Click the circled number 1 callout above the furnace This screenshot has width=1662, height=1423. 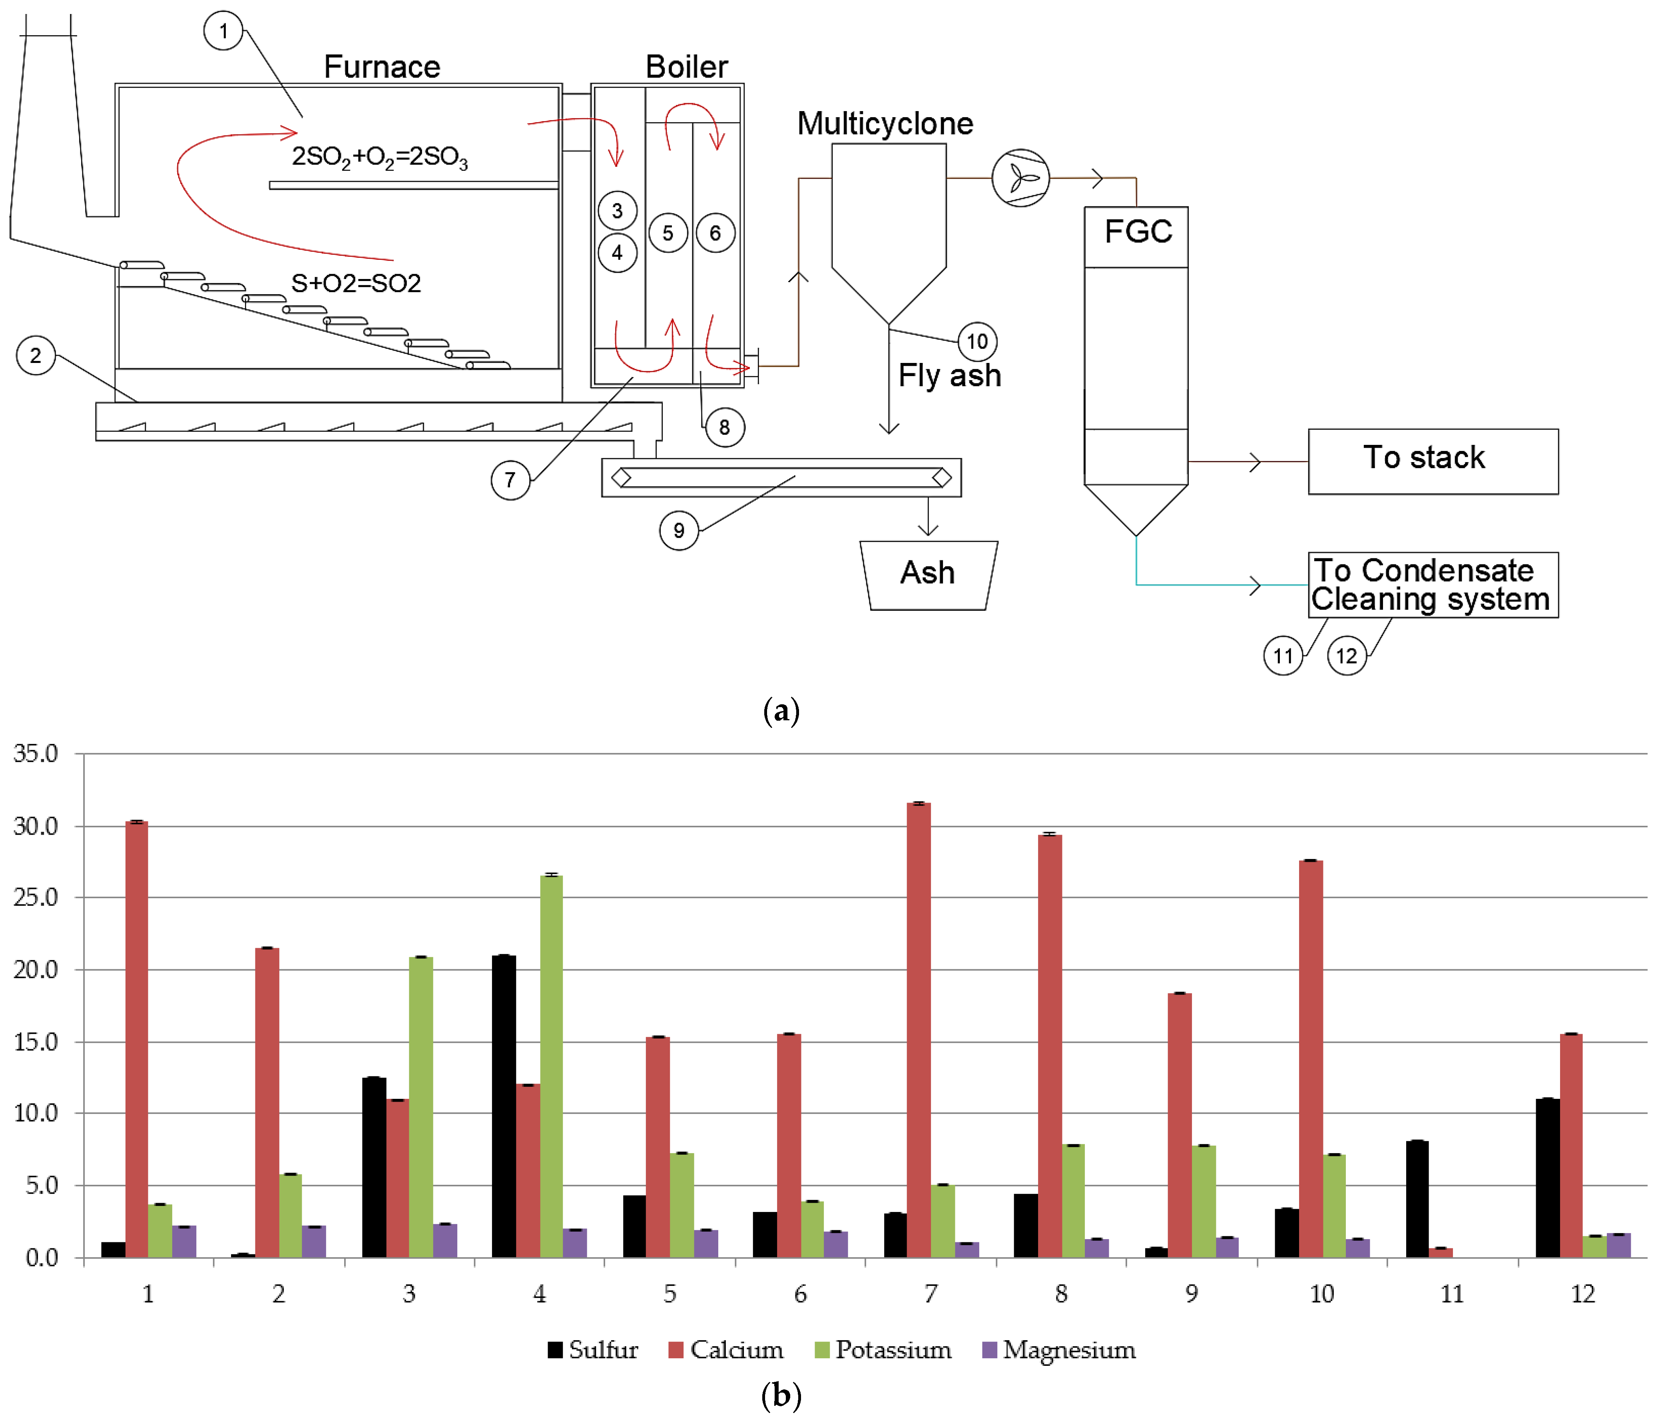223,31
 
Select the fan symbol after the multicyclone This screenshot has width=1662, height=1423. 1020,178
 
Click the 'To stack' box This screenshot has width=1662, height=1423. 1433,461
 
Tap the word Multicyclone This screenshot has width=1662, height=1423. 885,124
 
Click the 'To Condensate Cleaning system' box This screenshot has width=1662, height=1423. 1433,585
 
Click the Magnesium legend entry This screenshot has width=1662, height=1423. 1059,1350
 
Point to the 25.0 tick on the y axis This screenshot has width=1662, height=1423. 36,898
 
